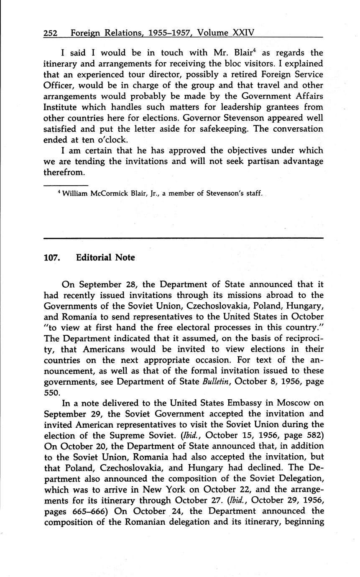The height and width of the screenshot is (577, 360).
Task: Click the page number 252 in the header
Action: [51, 33]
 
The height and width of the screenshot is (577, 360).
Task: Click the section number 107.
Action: [52, 258]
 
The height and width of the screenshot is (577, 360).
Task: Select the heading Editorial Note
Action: [105, 258]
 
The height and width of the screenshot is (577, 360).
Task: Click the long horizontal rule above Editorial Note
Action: [184, 238]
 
